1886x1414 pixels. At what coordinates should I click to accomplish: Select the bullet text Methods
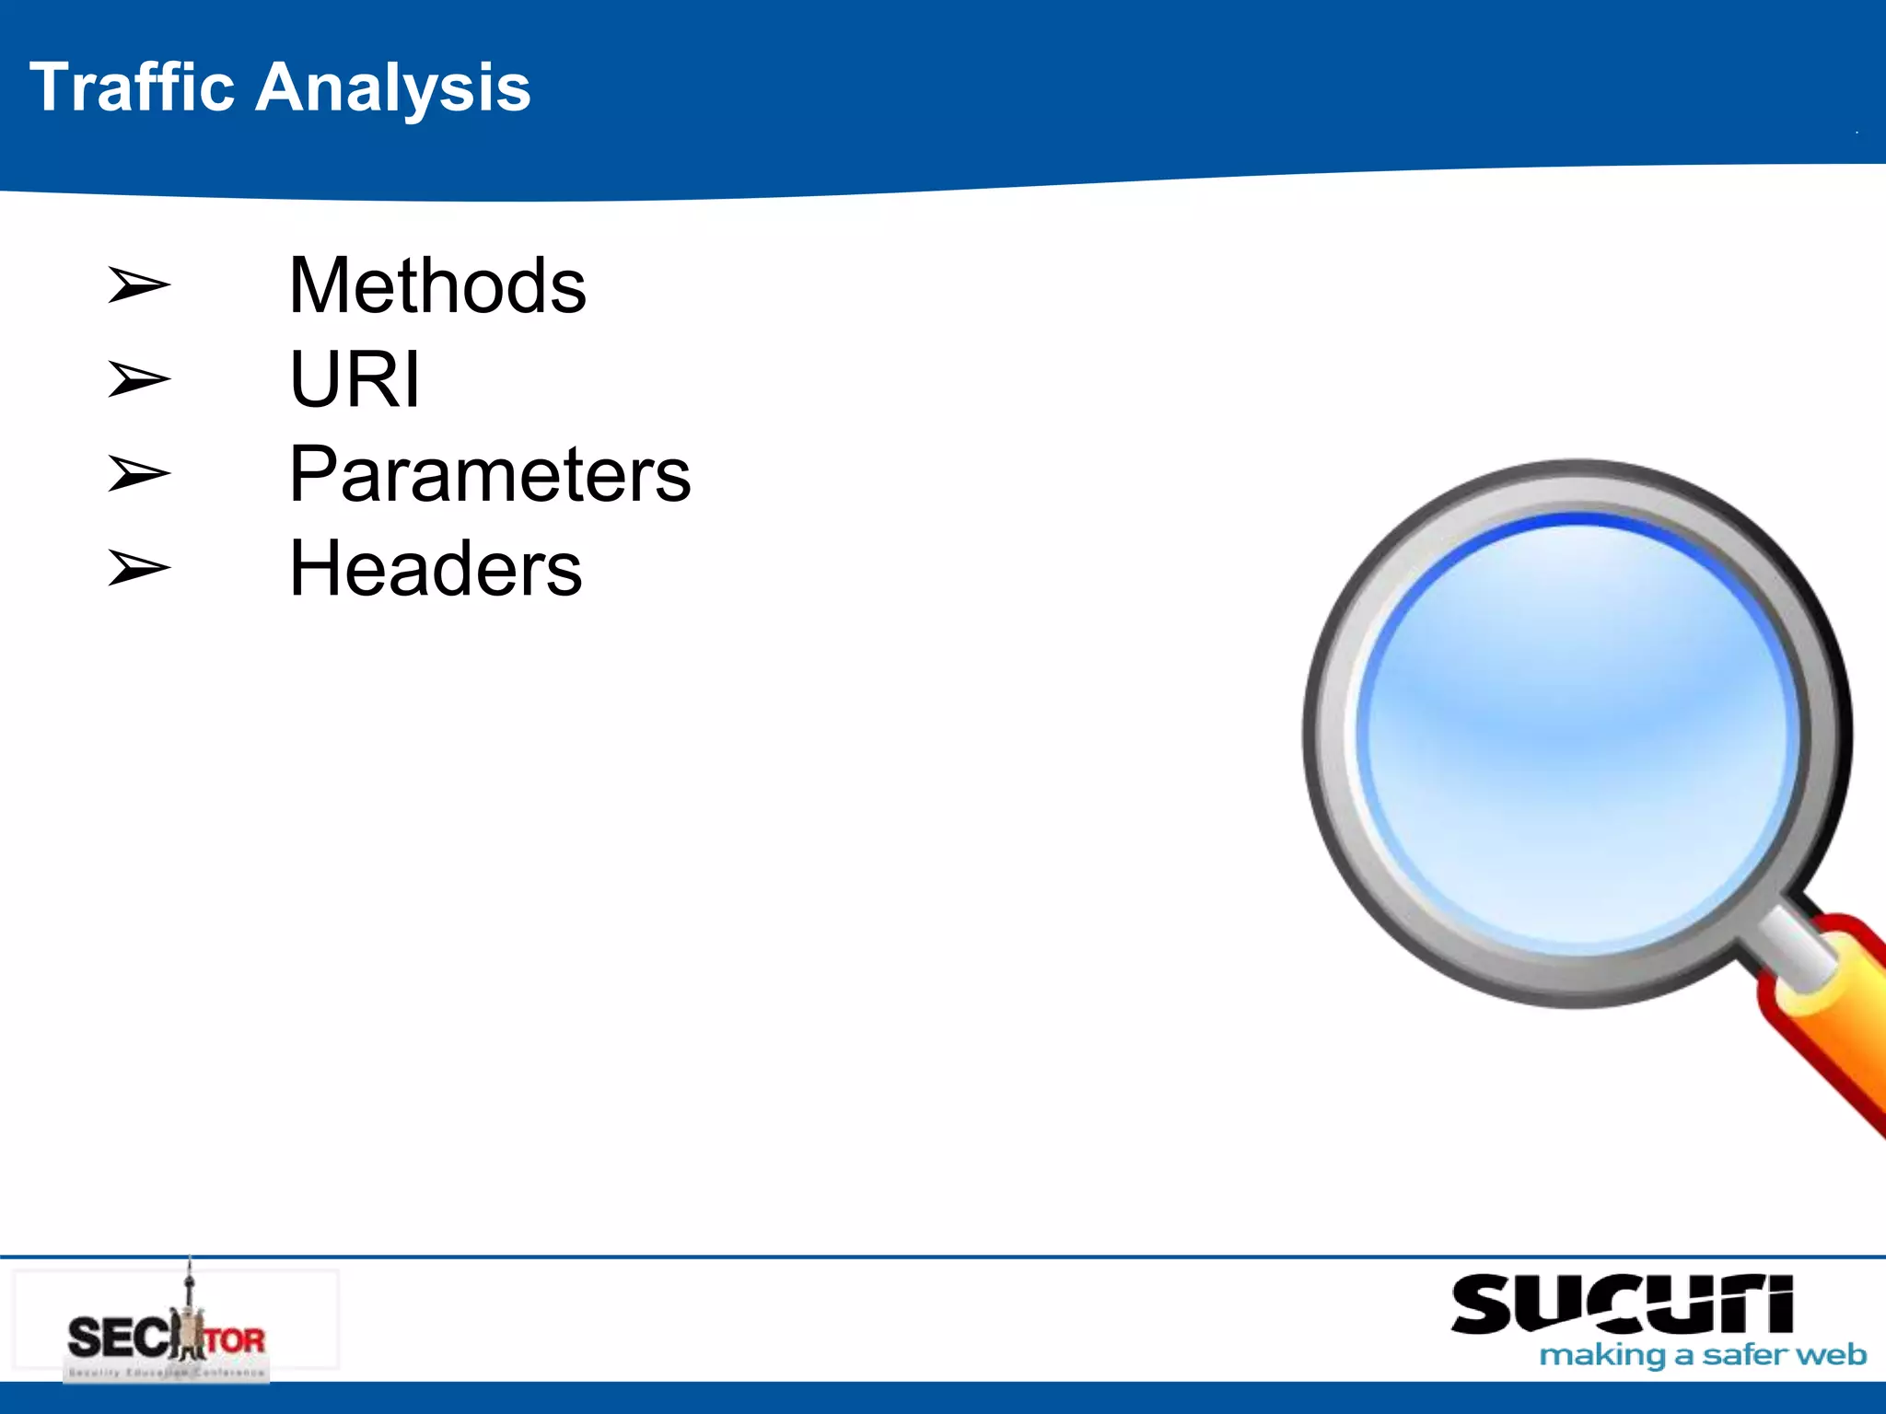[437, 286]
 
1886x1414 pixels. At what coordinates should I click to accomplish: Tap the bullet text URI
[355, 379]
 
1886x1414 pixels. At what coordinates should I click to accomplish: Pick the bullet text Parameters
[490, 474]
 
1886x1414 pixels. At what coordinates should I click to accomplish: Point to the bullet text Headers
[436, 569]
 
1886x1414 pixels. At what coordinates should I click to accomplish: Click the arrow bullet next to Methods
[138, 284]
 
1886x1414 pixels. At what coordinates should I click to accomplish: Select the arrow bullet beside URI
[138, 379]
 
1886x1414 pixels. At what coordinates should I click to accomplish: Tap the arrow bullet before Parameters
[138, 474]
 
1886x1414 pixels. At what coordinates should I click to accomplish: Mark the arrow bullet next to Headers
[138, 568]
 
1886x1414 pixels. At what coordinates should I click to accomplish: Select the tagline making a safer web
[1703, 1355]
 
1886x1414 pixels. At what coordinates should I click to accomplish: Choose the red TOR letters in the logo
[235, 1339]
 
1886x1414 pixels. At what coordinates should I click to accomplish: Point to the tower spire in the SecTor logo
[190, 1284]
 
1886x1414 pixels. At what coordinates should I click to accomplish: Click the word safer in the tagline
[1742, 1355]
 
